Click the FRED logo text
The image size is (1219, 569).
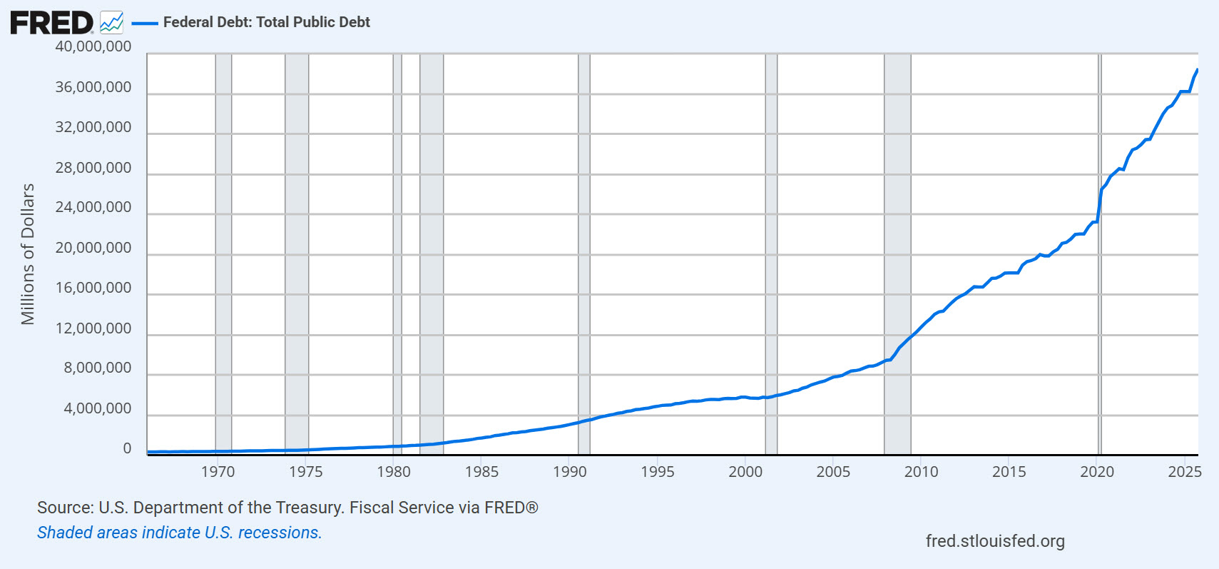coord(51,23)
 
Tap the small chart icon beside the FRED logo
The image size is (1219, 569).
coord(111,23)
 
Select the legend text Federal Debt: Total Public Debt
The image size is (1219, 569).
coord(266,22)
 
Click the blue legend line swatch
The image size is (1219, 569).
coord(145,23)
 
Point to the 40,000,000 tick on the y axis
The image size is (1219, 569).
coord(93,46)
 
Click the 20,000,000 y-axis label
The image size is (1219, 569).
coord(93,248)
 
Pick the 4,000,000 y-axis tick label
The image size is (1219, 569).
coord(97,408)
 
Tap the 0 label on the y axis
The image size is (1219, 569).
coord(127,448)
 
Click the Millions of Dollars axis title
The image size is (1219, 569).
coord(28,254)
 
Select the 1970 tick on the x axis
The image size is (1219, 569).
coord(218,471)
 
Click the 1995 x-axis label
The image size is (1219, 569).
coord(657,471)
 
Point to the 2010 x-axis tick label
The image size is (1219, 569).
coord(921,471)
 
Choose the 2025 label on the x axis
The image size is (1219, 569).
coord(1184,471)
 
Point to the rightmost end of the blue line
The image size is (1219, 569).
coord(1197,70)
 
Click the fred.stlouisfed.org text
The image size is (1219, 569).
coord(995,541)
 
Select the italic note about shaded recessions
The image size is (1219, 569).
coord(180,533)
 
